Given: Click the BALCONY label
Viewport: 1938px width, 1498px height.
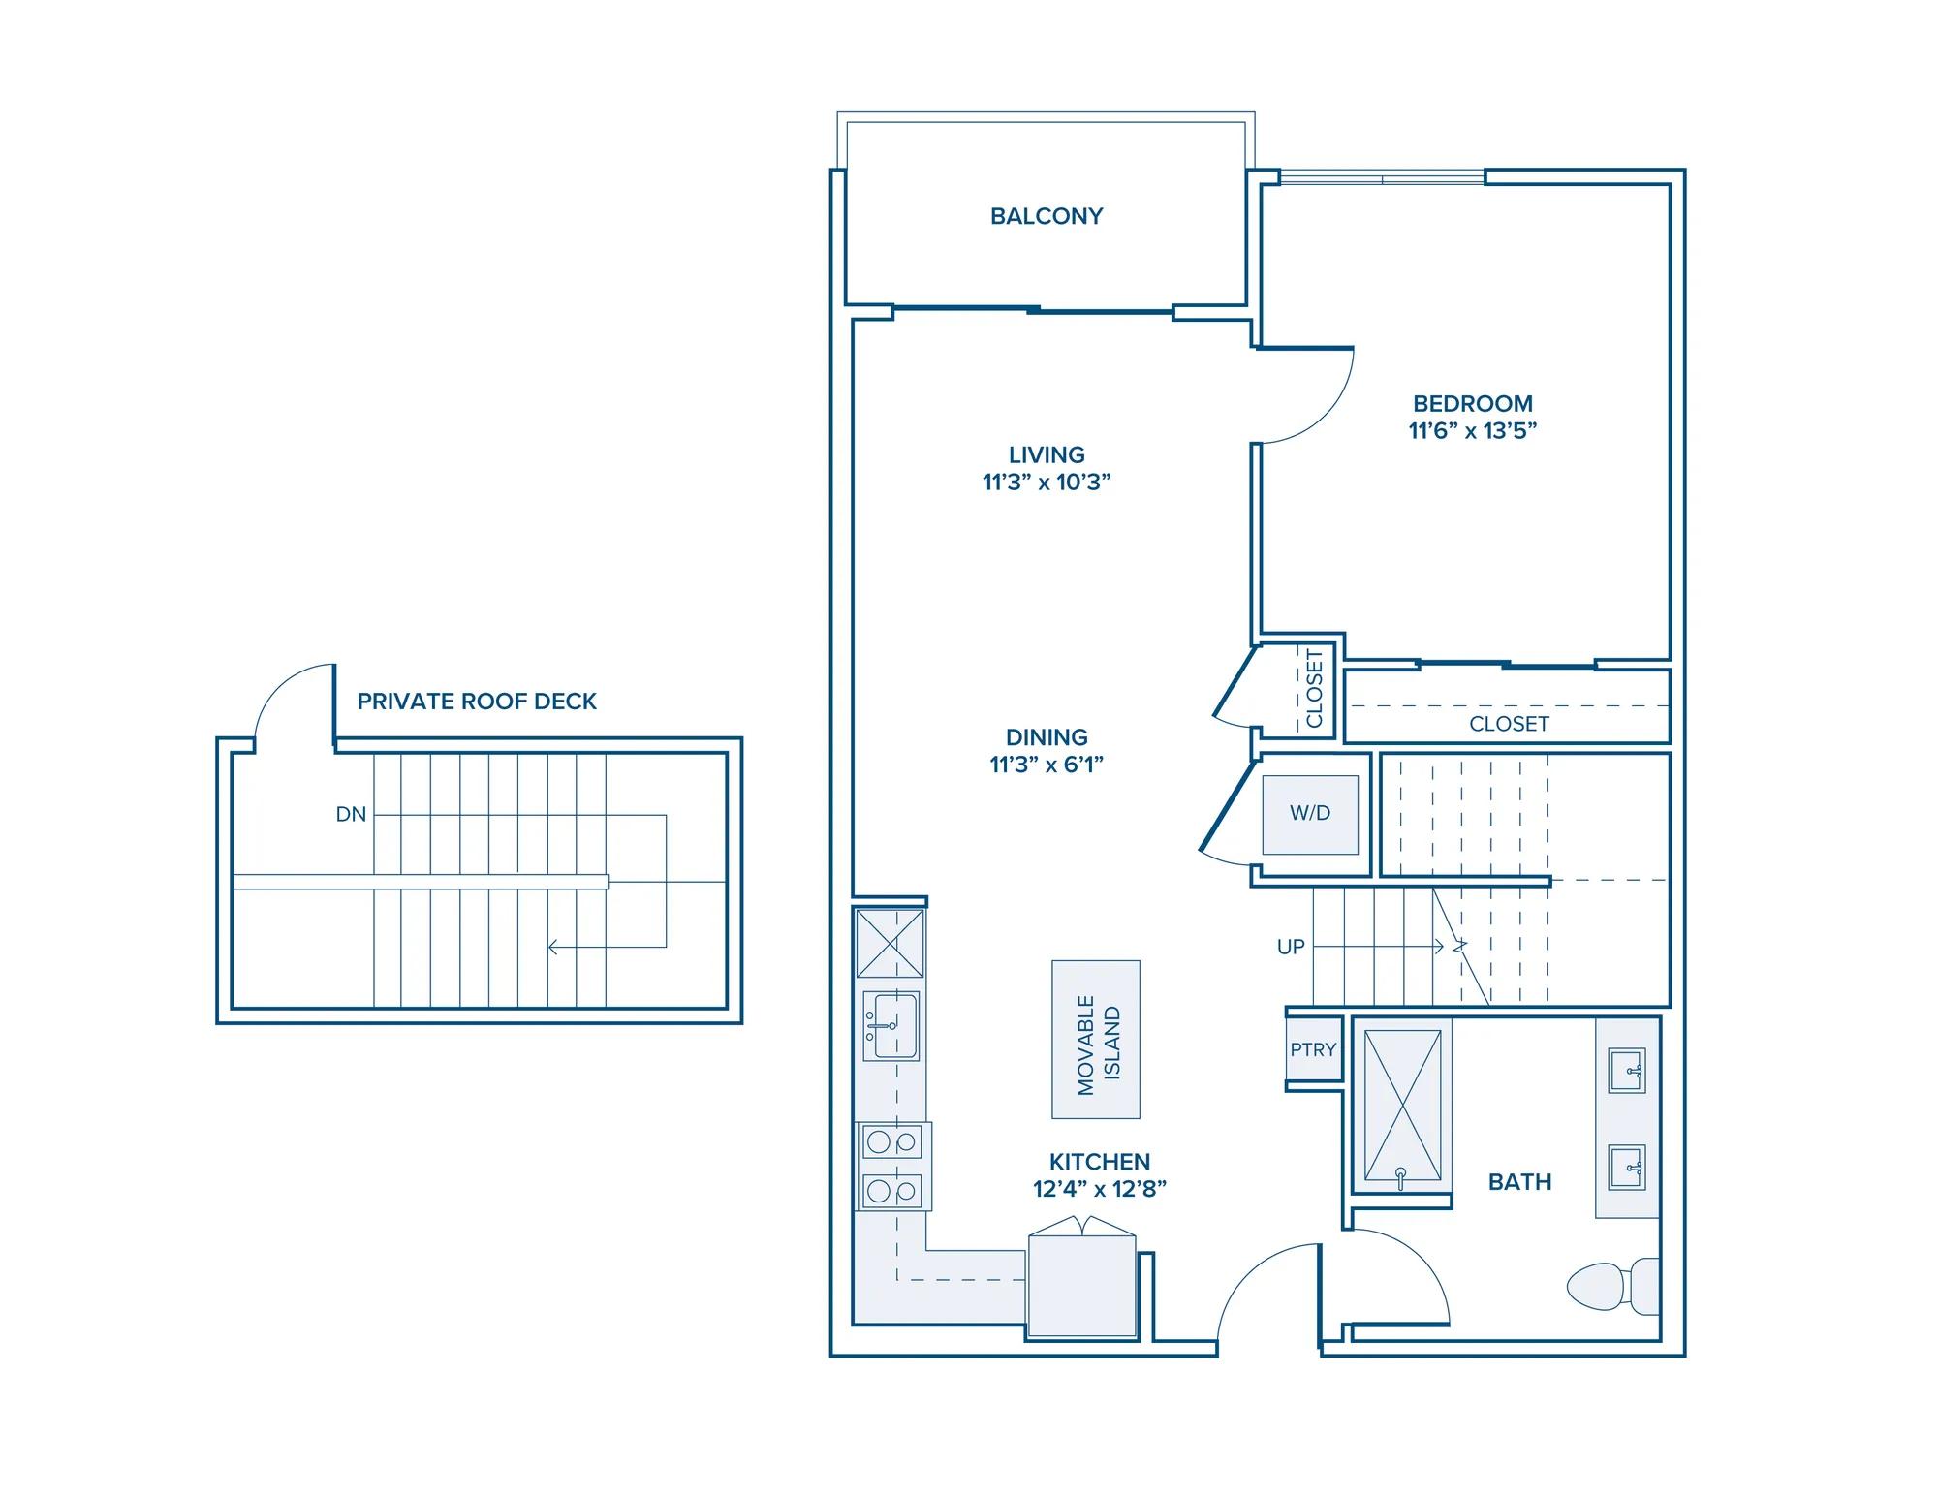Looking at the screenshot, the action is [1047, 216].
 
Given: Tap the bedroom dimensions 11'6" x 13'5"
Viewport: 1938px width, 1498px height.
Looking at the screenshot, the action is [1473, 431].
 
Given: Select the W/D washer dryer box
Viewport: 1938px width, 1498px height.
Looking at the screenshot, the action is [1310, 814].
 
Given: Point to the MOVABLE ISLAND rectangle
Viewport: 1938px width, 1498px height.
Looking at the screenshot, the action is [1096, 1040].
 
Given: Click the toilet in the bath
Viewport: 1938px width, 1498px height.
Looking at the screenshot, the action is [1613, 1286].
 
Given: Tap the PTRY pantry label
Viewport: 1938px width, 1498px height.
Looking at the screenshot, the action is [1313, 1049].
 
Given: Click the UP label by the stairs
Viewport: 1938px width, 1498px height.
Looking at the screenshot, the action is [1291, 947].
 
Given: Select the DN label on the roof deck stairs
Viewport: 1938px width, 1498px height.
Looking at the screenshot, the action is [351, 815].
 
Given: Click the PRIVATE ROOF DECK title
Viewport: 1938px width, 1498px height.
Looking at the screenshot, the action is [477, 702].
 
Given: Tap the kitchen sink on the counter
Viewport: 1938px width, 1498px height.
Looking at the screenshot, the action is [891, 1025].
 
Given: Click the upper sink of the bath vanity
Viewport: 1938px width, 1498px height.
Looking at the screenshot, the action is [1627, 1071].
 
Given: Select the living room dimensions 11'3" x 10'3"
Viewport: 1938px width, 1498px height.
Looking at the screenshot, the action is [1047, 483].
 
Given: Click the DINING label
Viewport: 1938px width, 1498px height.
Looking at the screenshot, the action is [1047, 737].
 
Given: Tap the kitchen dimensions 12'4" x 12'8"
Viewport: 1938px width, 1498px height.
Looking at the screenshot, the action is [1100, 1189].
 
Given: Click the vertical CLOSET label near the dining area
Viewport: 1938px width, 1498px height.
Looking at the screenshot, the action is [1315, 688].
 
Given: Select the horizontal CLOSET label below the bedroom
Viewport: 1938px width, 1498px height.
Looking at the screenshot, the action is [1509, 724].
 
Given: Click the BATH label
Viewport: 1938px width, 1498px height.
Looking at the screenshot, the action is [1520, 1182].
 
